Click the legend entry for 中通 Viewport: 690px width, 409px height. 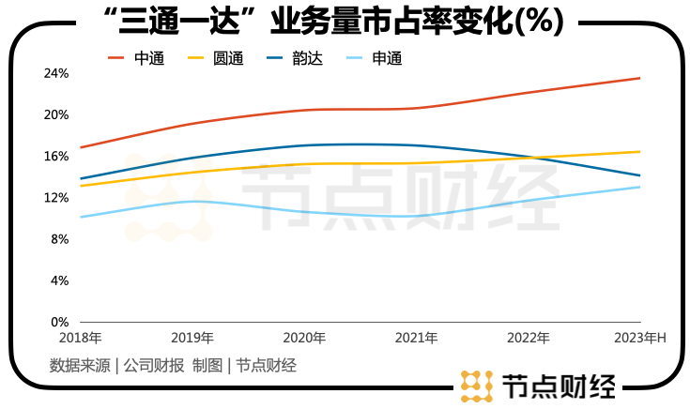[136, 58]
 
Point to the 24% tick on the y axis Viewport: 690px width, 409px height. [56, 73]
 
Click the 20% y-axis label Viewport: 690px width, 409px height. [56, 114]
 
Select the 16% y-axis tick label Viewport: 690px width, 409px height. [56, 156]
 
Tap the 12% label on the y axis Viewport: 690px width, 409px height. [56, 197]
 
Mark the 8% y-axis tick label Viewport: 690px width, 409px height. [58, 239]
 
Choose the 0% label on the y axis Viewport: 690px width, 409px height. [58, 322]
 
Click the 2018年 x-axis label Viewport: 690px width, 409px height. [81, 338]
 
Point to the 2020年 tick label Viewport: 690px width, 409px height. [304, 338]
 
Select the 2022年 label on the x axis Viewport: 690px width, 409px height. [528, 338]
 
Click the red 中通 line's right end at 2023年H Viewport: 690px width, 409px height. [639, 78]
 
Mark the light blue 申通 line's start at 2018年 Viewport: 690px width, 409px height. [82, 217]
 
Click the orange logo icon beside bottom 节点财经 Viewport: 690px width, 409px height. [477, 386]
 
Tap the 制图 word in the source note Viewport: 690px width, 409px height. [207, 366]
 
